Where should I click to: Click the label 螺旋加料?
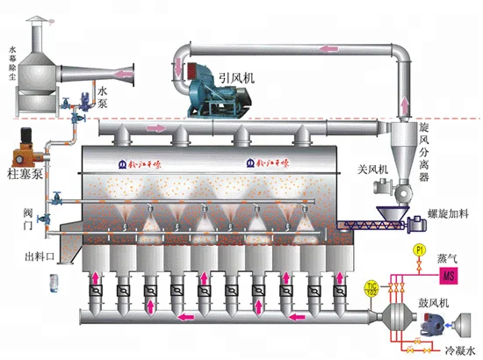(451, 213)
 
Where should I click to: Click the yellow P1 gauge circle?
(419, 251)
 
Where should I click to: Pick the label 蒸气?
(450, 259)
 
